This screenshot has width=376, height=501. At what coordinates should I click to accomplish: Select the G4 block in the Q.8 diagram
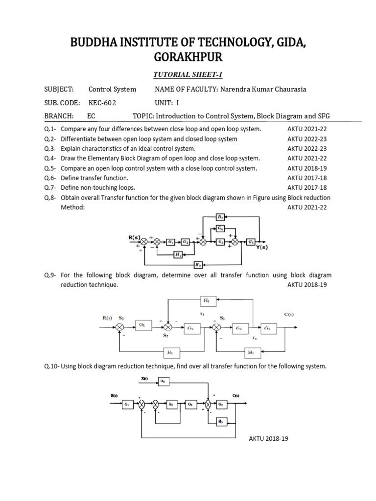[221, 228]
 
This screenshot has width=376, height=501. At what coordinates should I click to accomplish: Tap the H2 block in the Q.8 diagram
[198, 265]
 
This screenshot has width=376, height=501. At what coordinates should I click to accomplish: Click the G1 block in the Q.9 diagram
[143, 324]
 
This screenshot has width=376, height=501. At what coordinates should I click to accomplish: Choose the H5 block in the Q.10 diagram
[220, 422]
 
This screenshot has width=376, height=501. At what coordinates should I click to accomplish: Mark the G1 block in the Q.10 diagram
[126, 405]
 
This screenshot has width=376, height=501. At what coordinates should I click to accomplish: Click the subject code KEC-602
[102, 103]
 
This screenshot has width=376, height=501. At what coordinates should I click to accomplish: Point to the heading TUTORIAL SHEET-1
[188, 74]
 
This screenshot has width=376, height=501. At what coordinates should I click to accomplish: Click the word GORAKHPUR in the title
[188, 57]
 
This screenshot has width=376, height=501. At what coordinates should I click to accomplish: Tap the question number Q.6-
[50, 178]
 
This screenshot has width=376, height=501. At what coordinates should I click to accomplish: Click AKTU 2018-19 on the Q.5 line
[306, 168]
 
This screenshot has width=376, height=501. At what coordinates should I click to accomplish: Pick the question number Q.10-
[51, 366]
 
